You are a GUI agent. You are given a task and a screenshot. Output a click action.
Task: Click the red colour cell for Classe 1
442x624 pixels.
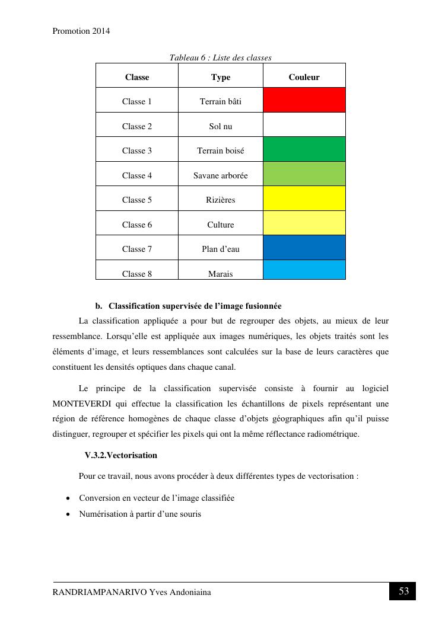304,100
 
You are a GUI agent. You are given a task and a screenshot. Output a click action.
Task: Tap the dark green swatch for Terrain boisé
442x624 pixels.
304,149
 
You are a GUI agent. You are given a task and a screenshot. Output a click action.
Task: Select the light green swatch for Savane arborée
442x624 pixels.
304,174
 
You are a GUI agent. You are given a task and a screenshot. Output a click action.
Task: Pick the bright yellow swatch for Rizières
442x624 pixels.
304,199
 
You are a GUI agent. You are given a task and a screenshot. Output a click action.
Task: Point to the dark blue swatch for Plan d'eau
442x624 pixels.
304,248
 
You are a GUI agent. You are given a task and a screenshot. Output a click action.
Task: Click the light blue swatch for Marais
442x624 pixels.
304,270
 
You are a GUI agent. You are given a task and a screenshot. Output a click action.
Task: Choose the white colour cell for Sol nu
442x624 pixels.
304,125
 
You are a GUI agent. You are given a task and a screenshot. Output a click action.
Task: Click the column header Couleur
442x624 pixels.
304,77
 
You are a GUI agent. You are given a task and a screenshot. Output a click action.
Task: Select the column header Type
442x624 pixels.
221,77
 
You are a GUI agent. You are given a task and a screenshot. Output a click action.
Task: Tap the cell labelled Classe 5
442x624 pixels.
137,200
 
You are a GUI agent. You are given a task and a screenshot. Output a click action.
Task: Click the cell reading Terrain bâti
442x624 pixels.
221,101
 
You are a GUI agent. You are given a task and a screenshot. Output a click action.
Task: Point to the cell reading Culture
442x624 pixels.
221,225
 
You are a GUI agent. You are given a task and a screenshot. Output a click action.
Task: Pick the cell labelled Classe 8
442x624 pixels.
137,274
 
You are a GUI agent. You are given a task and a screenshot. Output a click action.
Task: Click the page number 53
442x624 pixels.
403,591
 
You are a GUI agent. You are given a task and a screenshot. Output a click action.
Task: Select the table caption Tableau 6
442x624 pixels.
187,57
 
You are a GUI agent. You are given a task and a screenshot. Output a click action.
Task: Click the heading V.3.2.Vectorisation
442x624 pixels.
121,455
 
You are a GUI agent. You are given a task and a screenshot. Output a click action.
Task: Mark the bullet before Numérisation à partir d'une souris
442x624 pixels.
69,514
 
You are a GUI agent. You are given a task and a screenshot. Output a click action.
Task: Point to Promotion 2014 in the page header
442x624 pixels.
81,31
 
